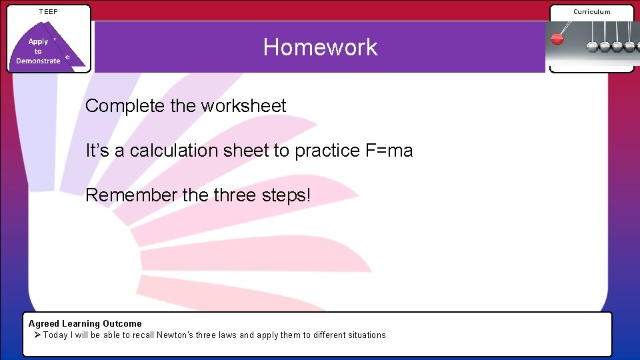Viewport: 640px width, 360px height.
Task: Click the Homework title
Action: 320,47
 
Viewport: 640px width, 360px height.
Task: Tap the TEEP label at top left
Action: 48,11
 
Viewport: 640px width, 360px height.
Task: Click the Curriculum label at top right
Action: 591,11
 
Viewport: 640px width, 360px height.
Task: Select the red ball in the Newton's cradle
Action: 557,39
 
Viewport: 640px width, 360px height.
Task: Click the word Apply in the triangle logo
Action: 38,41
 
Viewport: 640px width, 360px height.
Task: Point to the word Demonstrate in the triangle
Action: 38,61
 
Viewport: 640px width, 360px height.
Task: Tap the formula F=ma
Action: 389,151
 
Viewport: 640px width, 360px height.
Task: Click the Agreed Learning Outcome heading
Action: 85,323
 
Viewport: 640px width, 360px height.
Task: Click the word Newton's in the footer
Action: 175,335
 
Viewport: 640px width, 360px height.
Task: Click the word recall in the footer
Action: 141,335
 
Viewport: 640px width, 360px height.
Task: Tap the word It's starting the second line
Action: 97,151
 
